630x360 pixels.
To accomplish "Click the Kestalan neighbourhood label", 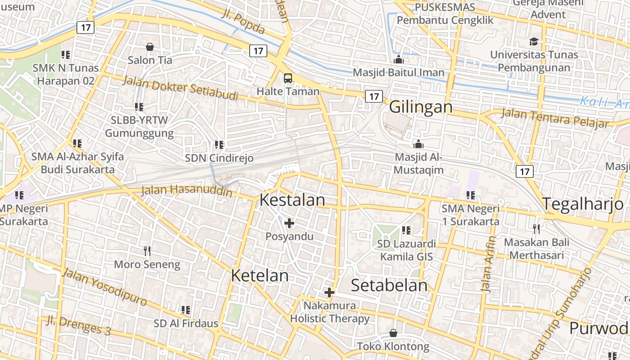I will pos(292,200).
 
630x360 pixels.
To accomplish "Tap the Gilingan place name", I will pos(421,107).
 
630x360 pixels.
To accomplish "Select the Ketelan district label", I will pos(260,275).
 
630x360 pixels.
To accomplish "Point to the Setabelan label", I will pos(389,285).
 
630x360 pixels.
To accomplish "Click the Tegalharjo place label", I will pos(582,204).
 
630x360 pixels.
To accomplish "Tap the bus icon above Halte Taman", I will pos(288,78).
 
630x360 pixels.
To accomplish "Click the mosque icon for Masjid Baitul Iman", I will pos(398,59).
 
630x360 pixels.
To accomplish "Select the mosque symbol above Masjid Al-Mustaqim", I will pos(418,144).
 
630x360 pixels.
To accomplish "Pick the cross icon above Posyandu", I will pos(289,223).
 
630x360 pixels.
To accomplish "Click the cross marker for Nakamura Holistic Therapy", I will pos(329,292).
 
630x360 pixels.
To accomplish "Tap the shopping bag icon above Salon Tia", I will pos(150,47).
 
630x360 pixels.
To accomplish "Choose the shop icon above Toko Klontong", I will pos(393,333).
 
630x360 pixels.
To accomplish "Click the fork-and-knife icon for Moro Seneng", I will pos(147,251).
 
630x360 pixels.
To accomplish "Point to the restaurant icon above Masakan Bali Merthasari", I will pos(536,229).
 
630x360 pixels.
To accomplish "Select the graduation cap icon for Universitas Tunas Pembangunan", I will pos(534,41).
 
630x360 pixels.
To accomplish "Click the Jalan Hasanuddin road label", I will pos(187,191).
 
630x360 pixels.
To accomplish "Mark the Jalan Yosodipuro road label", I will pos(104,286).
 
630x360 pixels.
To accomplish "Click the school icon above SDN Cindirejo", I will pos(219,145).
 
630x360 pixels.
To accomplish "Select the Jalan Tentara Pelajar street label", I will pos(554,118).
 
